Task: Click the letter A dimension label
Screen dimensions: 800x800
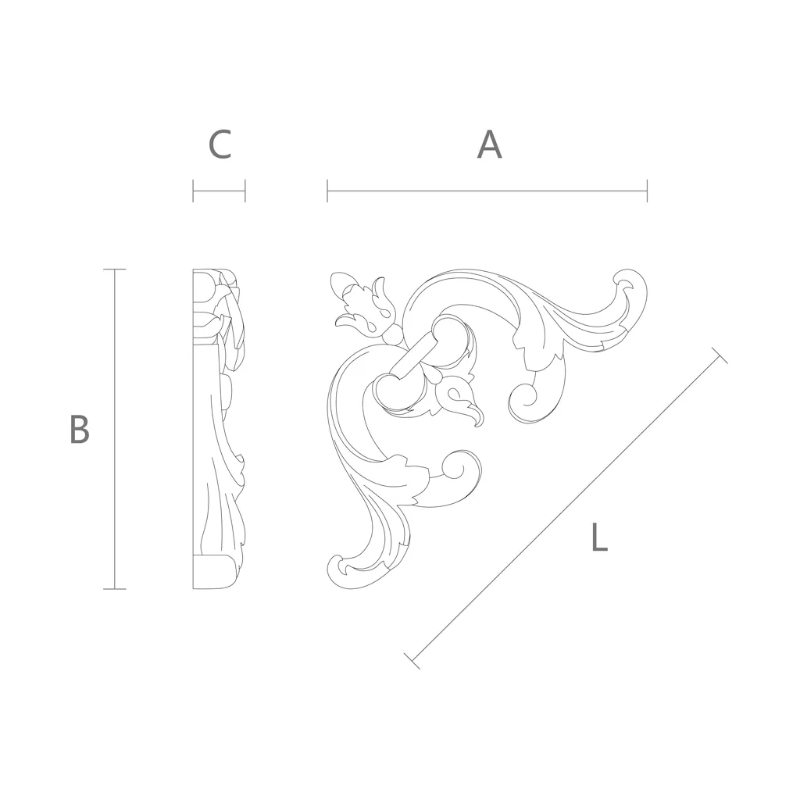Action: coord(489,145)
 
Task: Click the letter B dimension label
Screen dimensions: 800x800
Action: coord(80,429)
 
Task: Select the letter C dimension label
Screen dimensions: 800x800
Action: coord(220,145)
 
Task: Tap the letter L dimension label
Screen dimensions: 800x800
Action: coord(599,537)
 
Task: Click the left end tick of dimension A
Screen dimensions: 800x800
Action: coord(327,191)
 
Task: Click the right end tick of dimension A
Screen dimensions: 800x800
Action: coord(647,191)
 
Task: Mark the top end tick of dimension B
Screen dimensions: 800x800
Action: coord(114,270)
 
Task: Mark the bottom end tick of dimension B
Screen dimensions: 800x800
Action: coord(114,589)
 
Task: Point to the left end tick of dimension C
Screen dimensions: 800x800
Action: coord(194,191)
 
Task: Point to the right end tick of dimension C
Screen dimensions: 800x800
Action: coord(245,191)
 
